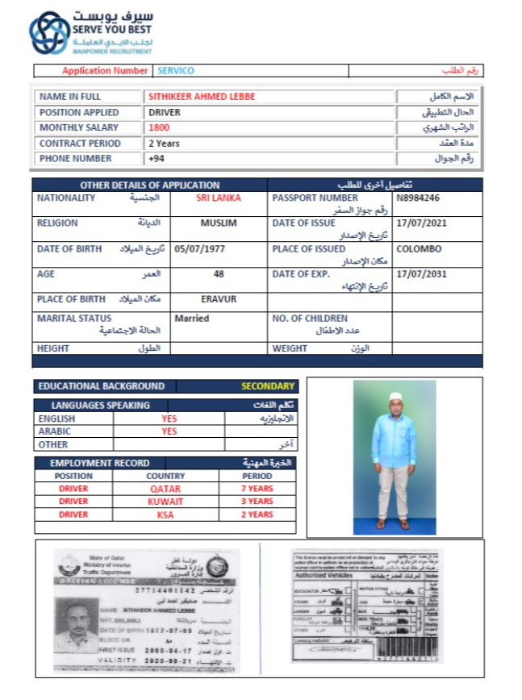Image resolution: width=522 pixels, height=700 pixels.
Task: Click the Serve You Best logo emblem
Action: pos(48,33)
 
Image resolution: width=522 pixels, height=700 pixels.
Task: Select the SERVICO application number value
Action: pos(176,71)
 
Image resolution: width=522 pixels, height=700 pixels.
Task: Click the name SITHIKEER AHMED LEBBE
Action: pos(202,96)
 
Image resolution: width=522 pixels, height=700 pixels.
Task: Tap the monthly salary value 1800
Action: pos(159,127)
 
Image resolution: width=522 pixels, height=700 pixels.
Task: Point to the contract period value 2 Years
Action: pos(165,144)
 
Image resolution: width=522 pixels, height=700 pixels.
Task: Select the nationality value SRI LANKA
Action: pos(218,198)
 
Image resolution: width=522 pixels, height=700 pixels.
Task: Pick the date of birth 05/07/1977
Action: pos(199,248)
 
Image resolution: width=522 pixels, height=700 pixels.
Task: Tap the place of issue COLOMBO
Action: pos(419,248)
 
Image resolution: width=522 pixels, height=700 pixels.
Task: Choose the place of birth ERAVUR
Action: pos(218,299)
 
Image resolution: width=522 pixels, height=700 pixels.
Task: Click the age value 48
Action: pos(219,274)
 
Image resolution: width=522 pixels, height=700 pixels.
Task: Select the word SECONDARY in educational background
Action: pos(269,386)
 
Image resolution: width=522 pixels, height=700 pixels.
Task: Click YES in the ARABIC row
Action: pos(169,431)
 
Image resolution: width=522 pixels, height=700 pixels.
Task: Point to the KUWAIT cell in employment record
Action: pos(165,502)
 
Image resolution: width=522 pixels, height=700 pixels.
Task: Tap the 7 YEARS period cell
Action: pos(257,489)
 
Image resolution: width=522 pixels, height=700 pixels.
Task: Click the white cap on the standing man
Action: pos(395,396)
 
